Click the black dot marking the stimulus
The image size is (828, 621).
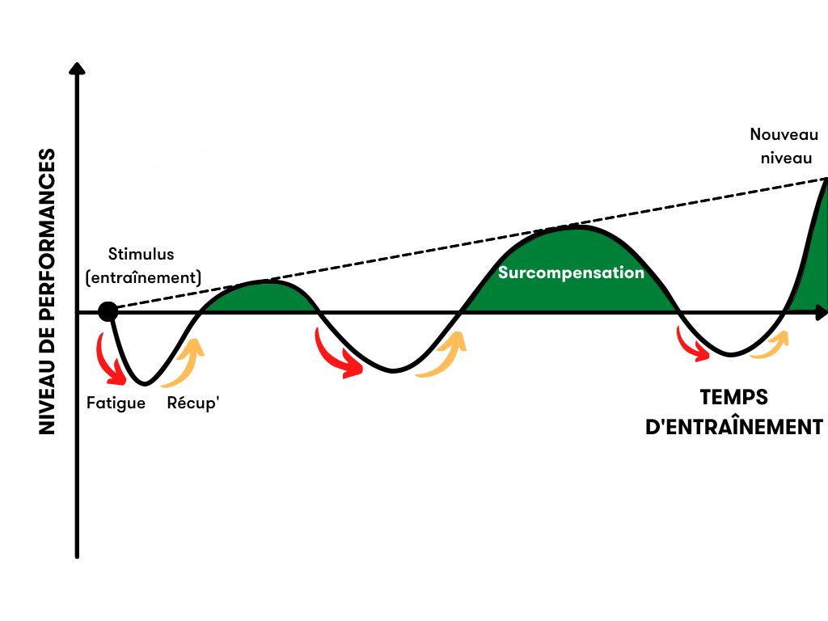[x=108, y=312]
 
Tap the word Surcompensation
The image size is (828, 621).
[x=571, y=272]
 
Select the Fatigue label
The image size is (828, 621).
[x=116, y=403]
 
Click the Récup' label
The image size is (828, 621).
[x=193, y=403]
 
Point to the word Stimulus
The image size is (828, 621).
[x=142, y=255]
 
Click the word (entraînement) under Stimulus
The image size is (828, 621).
[x=143, y=277]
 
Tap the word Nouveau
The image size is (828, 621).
[x=784, y=135]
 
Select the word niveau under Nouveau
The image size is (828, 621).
[x=784, y=158]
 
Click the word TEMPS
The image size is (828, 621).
[x=733, y=398]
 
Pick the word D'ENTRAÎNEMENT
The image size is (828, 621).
[x=734, y=427]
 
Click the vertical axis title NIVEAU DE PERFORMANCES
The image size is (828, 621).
[x=48, y=291]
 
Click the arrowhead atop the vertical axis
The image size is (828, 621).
[x=77, y=67]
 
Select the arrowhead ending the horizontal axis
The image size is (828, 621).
[x=822, y=311]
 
